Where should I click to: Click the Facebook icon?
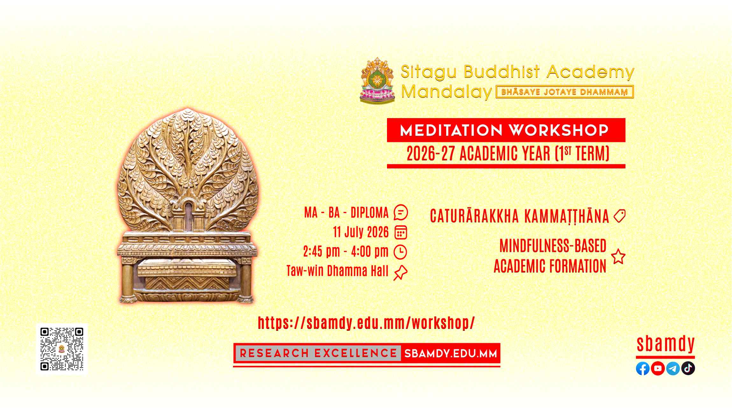click(643, 368)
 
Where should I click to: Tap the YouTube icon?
click(658, 368)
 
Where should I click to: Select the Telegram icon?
click(673, 368)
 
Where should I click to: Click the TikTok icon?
click(688, 368)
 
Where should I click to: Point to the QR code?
click(62, 349)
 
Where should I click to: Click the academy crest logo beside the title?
click(377, 80)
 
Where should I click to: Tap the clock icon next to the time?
click(400, 252)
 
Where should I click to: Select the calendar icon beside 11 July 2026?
click(401, 232)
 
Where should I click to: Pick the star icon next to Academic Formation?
click(618, 257)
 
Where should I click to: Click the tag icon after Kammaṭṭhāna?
click(619, 216)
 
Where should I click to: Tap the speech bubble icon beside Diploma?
click(401, 212)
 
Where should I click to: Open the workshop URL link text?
click(366, 323)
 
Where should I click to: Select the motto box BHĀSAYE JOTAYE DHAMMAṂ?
click(565, 92)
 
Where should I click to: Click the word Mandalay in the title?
click(447, 92)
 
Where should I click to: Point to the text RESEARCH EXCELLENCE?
click(318, 353)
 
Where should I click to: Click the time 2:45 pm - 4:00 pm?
click(346, 252)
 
